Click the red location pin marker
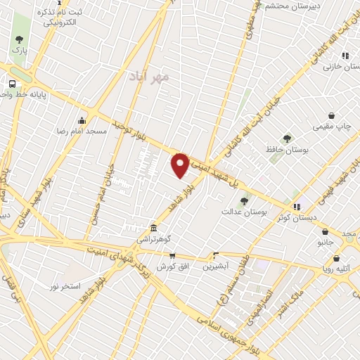click(181, 165)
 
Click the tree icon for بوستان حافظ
click(286, 139)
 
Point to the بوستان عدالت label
click(240, 211)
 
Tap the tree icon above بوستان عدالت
click(244, 200)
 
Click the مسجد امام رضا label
click(83, 131)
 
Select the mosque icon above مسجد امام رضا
click(82, 120)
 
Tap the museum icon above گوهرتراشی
click(153, 228)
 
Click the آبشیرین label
click(216, 266)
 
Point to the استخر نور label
click(65, 286)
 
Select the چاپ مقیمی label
click(333, 127)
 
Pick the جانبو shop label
click(325, 242)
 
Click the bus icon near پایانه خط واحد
click(13, 84)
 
